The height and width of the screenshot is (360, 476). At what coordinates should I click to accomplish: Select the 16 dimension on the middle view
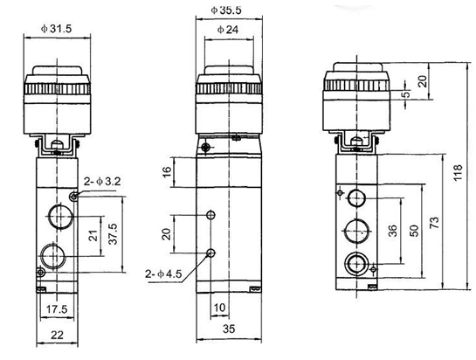point(166,173)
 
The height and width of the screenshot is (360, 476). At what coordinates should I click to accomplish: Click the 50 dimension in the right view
point(412,229)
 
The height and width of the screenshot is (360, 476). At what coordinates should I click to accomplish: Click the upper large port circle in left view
point(58,214)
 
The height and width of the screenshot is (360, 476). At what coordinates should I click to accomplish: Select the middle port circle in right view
point(355,230)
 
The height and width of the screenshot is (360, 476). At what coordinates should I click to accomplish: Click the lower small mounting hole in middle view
point(210,253)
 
